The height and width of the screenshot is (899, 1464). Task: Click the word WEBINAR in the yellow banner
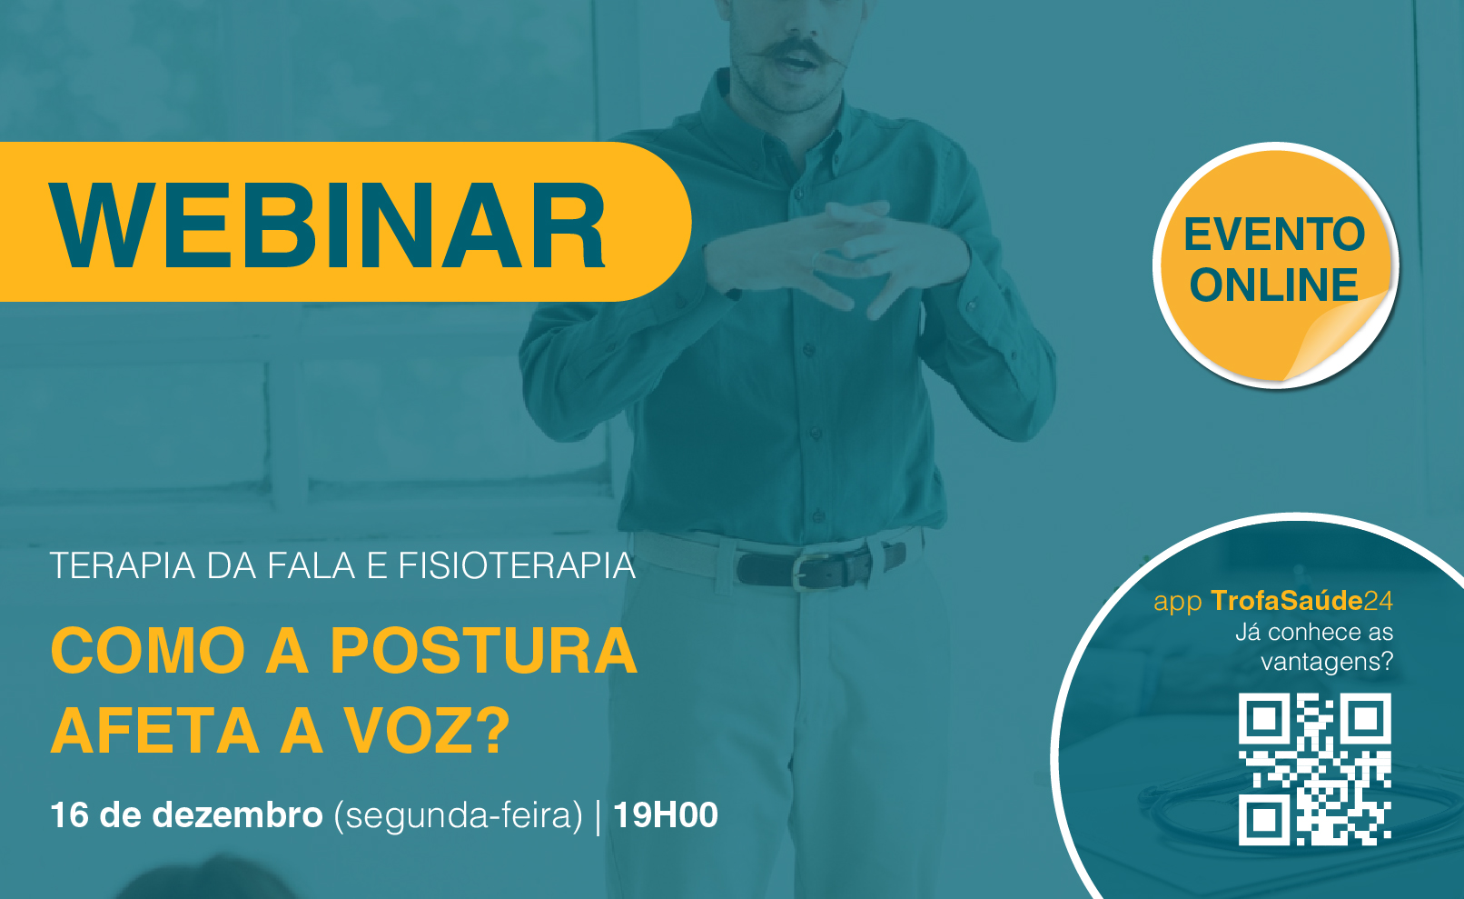327,225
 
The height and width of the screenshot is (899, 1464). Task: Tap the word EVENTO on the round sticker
1274,235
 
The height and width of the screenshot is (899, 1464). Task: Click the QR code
1314,769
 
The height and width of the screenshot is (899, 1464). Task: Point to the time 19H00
666,815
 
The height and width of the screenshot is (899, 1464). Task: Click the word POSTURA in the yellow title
484,651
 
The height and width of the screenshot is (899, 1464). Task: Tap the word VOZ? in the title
428,730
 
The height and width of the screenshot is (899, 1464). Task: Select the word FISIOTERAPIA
517,566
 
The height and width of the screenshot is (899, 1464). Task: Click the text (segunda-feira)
458,816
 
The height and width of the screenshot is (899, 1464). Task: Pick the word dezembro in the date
237,815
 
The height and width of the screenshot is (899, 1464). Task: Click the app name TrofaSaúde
1286,601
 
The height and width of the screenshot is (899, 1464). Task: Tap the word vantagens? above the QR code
1327,663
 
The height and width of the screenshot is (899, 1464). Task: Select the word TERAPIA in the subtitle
123,566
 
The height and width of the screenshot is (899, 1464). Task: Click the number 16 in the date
70,815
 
